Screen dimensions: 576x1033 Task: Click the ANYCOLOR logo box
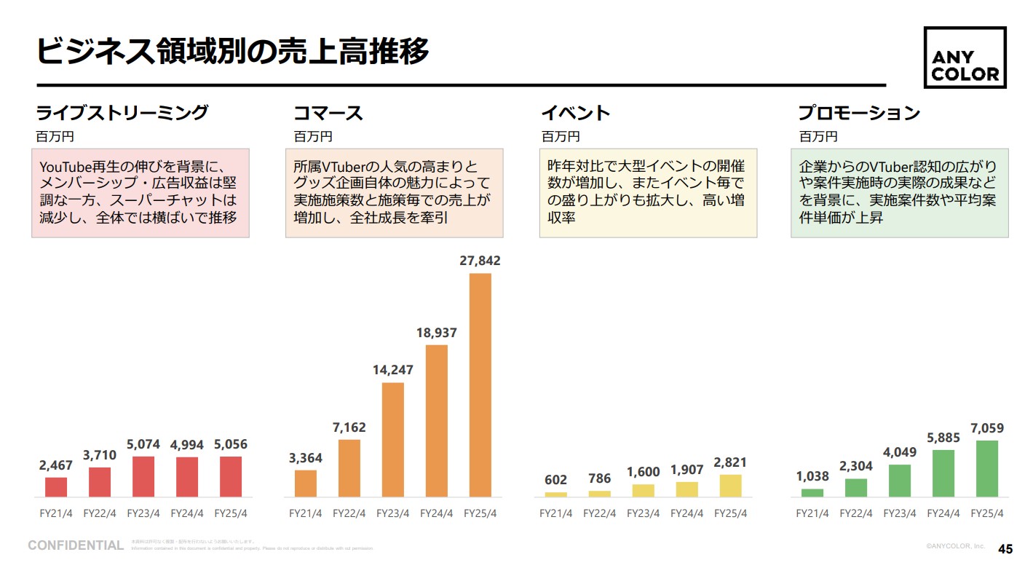(965, 58)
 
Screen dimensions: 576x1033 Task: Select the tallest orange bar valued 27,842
(480, 384)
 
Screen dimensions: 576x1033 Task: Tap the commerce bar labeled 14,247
(392, 439)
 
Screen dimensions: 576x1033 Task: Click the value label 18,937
(437, 333)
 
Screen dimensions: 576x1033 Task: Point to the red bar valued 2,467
(56, 486)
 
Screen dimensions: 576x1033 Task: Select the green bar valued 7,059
(987, 468)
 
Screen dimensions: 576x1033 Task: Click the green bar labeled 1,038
(812, 492)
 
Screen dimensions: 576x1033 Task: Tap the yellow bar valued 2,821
(730, 485)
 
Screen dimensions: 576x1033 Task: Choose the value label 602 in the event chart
(555, 480)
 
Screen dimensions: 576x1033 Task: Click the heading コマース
(328, 114)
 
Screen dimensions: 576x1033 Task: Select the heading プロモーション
(859, 114)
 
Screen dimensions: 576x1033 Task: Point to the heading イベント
(575, 114)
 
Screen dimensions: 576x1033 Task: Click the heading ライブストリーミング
(122, 114)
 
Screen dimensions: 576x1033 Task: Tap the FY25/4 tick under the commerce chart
(480, 513)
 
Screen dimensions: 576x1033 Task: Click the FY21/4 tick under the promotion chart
(812, 513)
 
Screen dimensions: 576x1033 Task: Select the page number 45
(1005, 549)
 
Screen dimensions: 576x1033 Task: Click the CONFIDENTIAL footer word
(76, 545)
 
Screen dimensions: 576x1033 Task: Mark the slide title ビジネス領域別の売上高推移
(233, 52)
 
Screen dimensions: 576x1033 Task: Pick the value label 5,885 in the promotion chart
(943, 438)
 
